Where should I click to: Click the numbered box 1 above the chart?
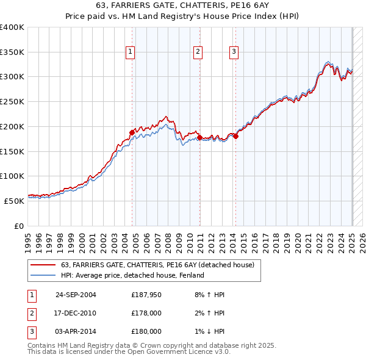[131, 52]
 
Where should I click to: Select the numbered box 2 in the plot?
[198, 52]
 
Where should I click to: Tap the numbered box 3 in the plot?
[234, 52]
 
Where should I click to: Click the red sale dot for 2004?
[132, 132]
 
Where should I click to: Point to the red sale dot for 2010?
[199, 138]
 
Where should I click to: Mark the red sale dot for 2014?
[235, 136]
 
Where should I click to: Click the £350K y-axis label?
[12, 52]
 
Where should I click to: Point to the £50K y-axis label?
[14, 201]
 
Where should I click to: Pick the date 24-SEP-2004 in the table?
[76, 295]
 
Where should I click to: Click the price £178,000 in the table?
[146, 313]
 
